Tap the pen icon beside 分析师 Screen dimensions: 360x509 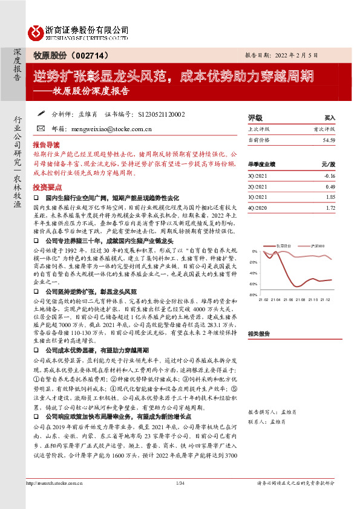(41, 113)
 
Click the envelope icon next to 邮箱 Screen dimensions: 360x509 (41, 128)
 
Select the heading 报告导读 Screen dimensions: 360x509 (46, 146)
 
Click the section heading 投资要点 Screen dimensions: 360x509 (46, 187)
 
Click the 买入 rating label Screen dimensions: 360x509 (329, 117)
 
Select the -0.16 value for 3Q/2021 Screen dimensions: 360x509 (329, 175)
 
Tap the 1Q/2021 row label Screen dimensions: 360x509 (257, 197)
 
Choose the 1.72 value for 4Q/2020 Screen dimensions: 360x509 (330, 208)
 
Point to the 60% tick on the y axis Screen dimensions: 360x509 (254, 284)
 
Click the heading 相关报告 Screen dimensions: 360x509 (258, 333)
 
